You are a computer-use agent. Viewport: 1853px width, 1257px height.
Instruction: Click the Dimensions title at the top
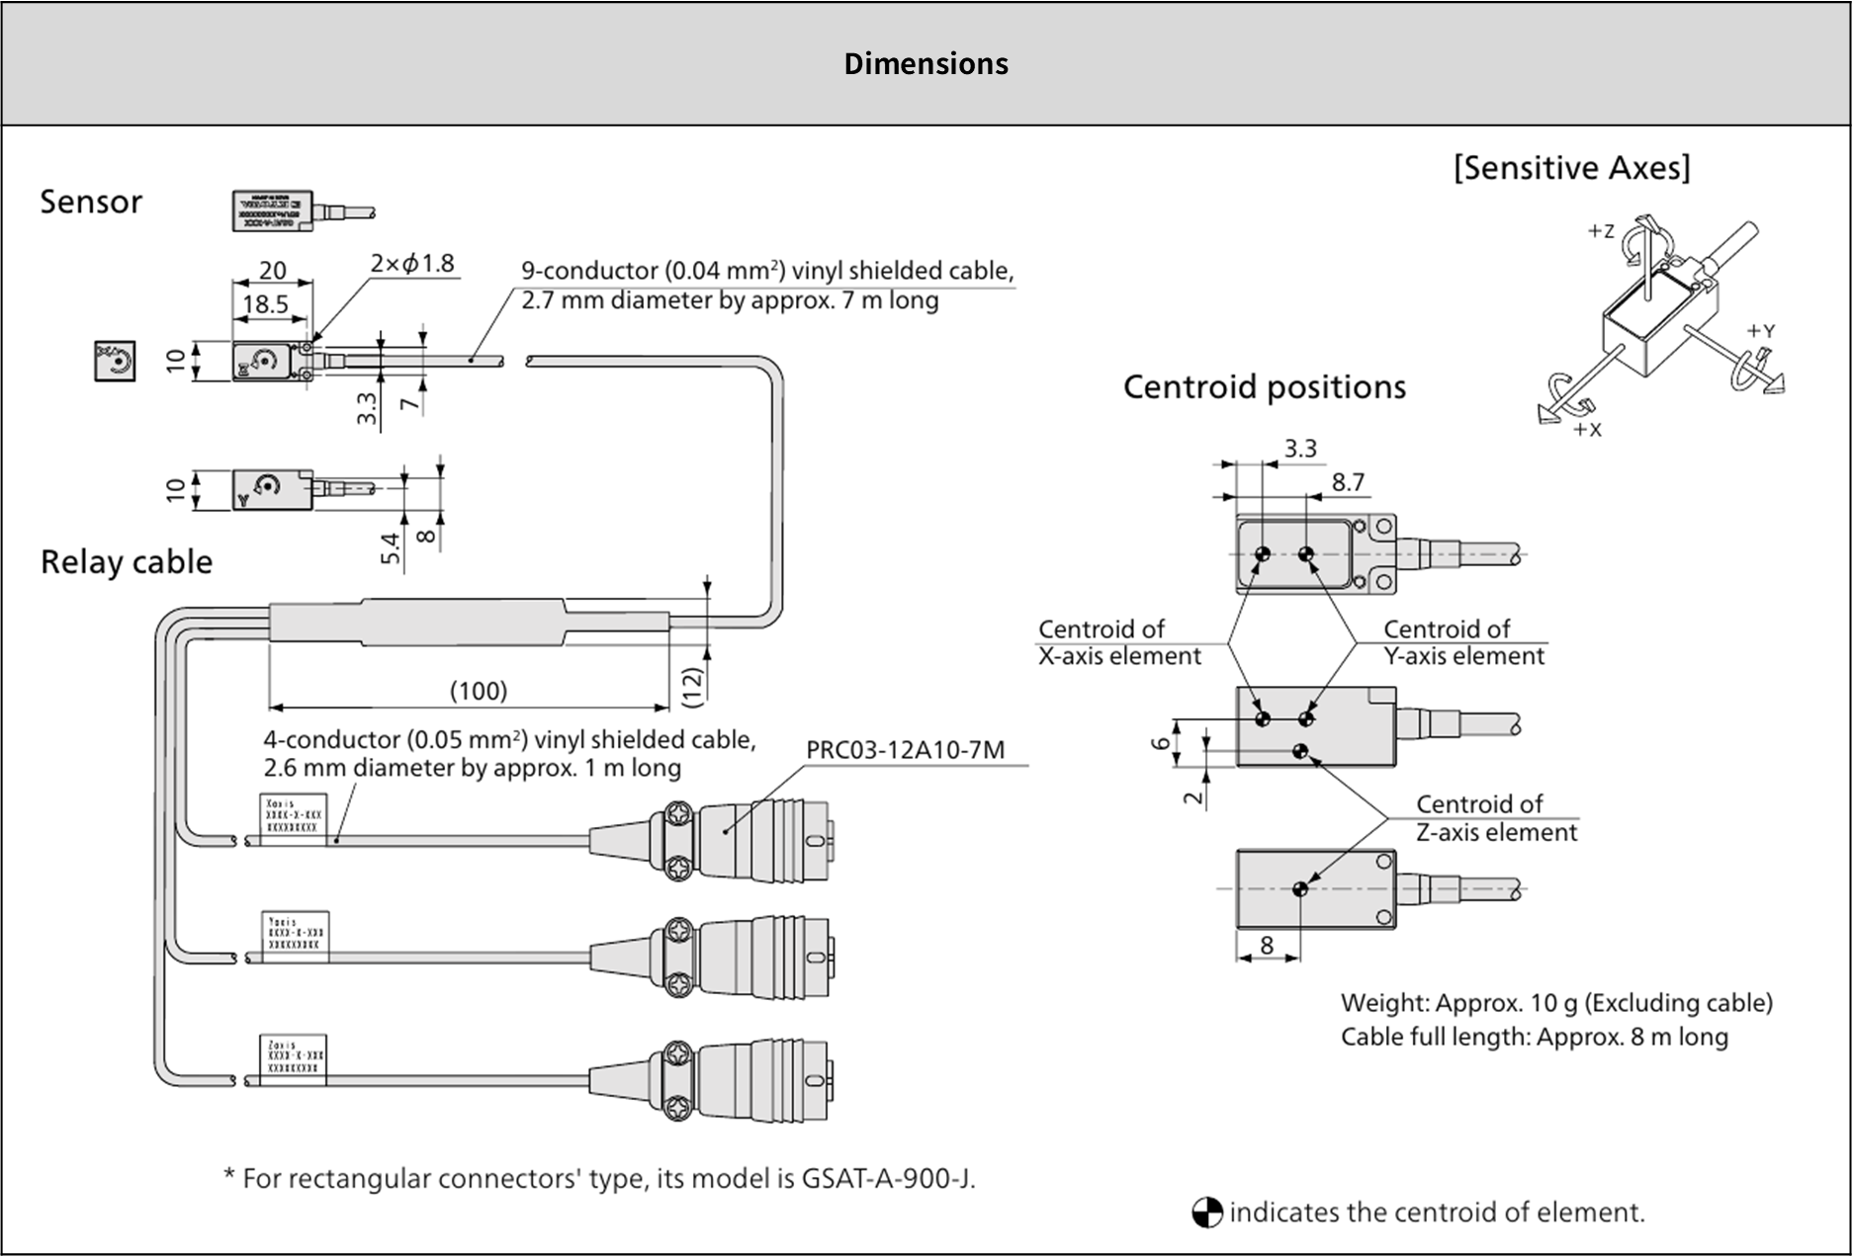pos(926,64)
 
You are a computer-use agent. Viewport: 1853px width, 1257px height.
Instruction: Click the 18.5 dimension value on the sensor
pos(265,304)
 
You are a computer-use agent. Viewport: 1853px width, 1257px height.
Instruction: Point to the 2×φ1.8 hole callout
pos(412,264)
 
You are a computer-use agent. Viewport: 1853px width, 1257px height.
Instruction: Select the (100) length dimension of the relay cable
pos(479,690)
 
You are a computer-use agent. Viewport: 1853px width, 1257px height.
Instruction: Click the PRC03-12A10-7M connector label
pos(905,750)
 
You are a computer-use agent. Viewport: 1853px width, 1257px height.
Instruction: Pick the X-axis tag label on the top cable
pos(294,817)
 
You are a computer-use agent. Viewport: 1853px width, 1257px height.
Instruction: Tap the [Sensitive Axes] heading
pos(1571,168)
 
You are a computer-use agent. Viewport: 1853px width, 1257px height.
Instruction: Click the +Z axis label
pos(1600,231)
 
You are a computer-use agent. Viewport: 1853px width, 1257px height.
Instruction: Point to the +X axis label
pos(1587,430)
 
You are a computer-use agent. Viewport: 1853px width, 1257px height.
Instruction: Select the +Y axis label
pos(1761,331)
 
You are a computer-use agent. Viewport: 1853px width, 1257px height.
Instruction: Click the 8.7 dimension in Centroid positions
pos(1348,482)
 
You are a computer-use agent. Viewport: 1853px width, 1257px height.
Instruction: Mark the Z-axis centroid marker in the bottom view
pos(1300,889)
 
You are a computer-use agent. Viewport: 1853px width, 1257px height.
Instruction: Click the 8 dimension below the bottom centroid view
pos(1267,946)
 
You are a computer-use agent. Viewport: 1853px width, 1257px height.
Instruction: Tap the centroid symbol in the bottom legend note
pos(1207,1213)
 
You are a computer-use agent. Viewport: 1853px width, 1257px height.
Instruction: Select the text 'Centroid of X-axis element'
pos(1118,642)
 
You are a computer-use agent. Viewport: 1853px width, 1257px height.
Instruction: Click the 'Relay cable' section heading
pos(127,562)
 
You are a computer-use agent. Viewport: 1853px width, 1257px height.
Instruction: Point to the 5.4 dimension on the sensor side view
pos(392,548)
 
